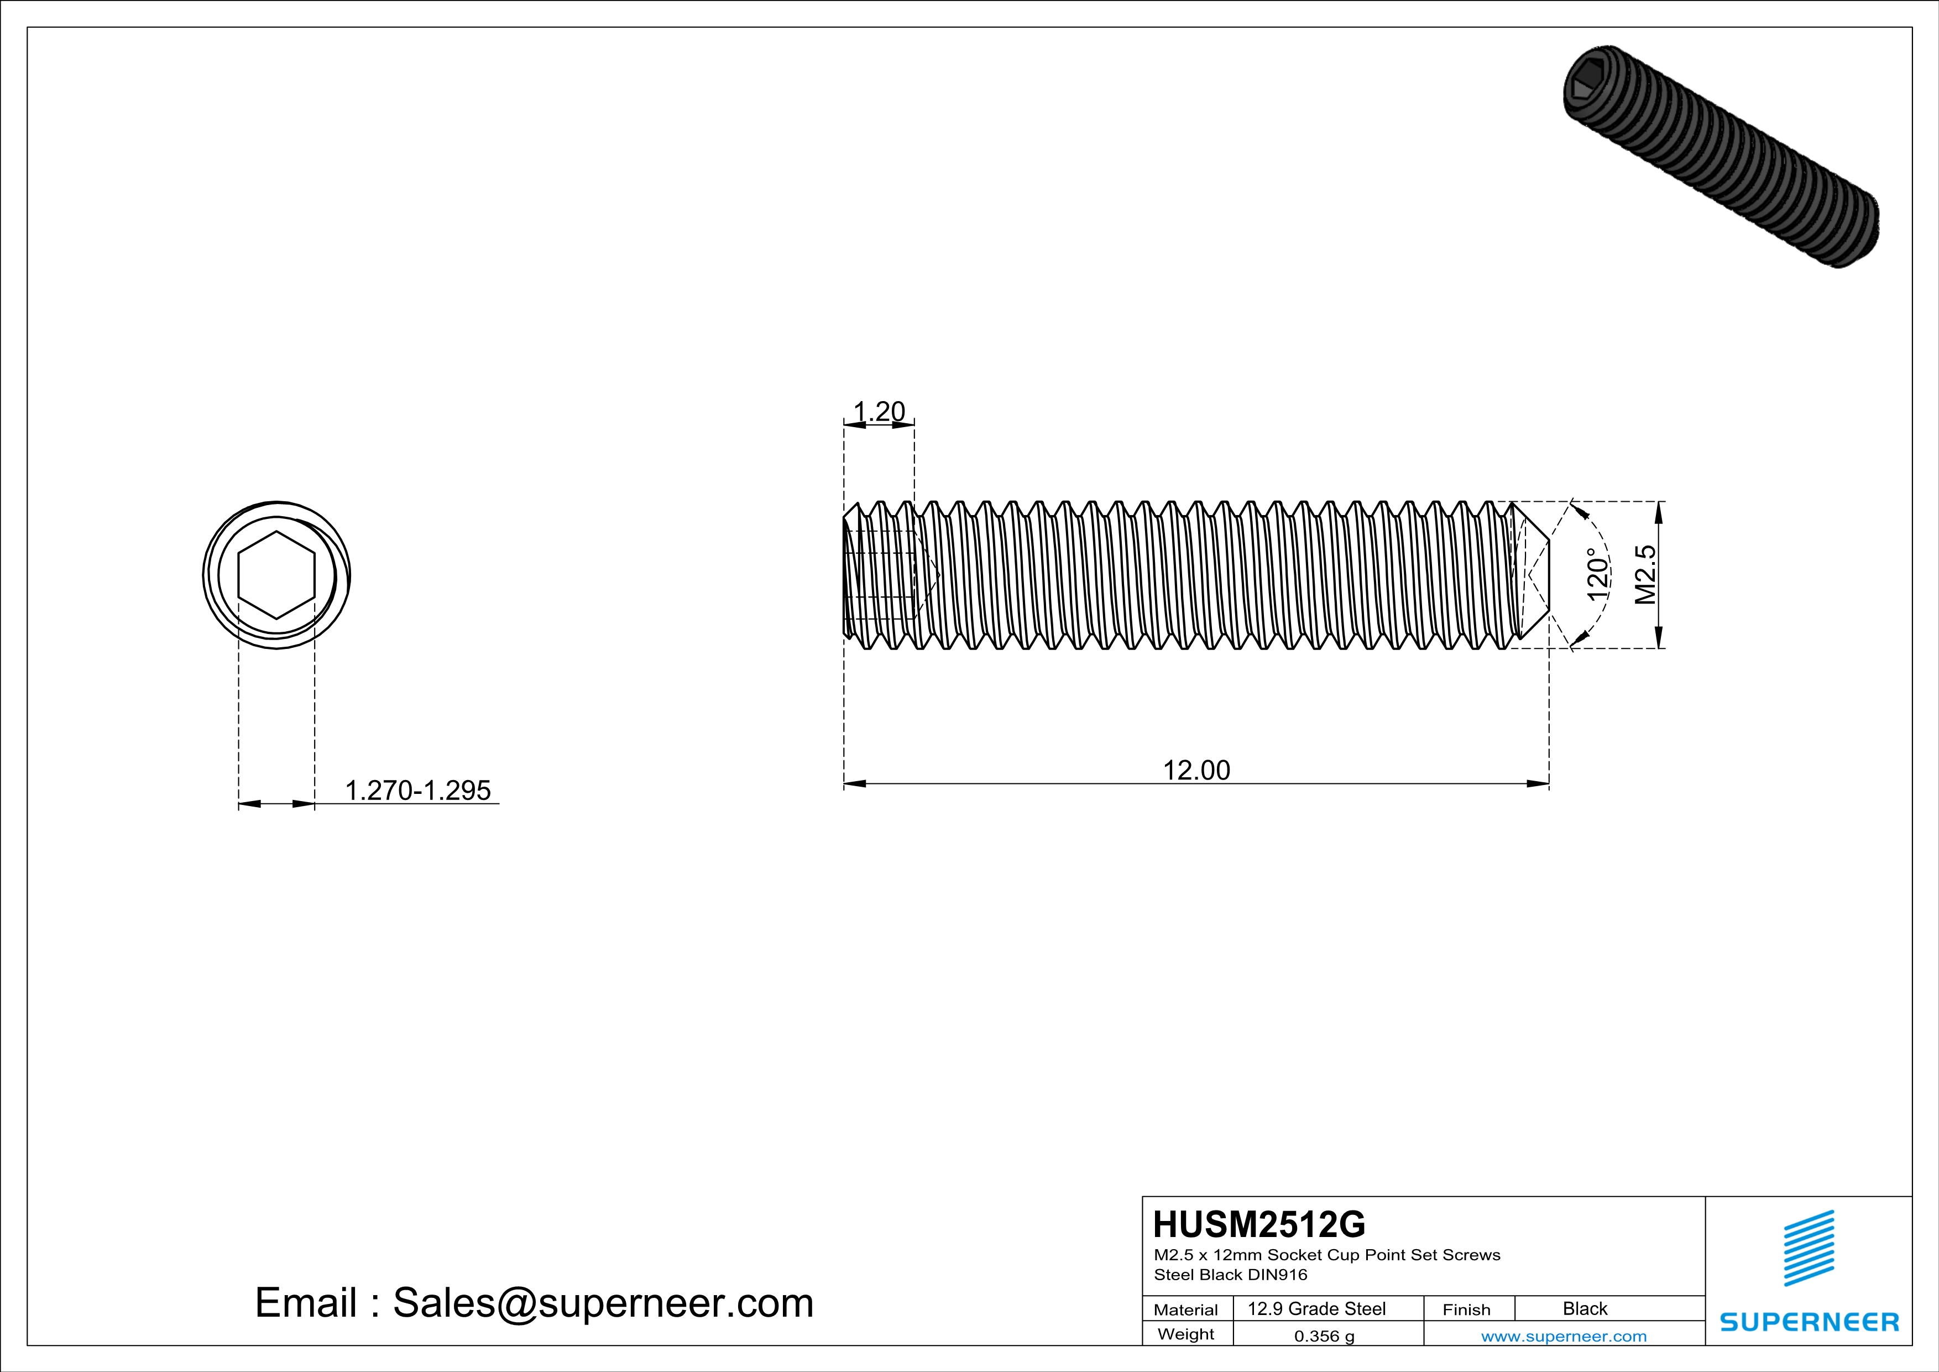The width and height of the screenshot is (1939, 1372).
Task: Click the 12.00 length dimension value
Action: coord(1196,771)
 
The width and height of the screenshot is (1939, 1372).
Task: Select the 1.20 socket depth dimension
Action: coord(879,412)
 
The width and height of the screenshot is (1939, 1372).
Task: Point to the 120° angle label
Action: coord(1597,574)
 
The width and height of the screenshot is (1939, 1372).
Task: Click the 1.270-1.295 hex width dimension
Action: coord(417,791)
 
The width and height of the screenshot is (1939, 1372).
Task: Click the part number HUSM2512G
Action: coord(1258,1224)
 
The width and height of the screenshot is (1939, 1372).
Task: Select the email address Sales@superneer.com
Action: coord(603,1303)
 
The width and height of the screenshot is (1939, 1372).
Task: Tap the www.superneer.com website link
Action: coord(1563,1337)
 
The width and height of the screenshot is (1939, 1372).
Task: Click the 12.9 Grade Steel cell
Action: coord(1316,1308)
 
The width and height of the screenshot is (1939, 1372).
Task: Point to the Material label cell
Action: coord(1186,1309)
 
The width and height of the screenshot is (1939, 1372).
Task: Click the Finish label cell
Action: coord(1466,1309)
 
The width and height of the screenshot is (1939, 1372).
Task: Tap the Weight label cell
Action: coord(1186,1334)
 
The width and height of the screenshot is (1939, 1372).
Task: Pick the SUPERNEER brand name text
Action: coord(1809,1322)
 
